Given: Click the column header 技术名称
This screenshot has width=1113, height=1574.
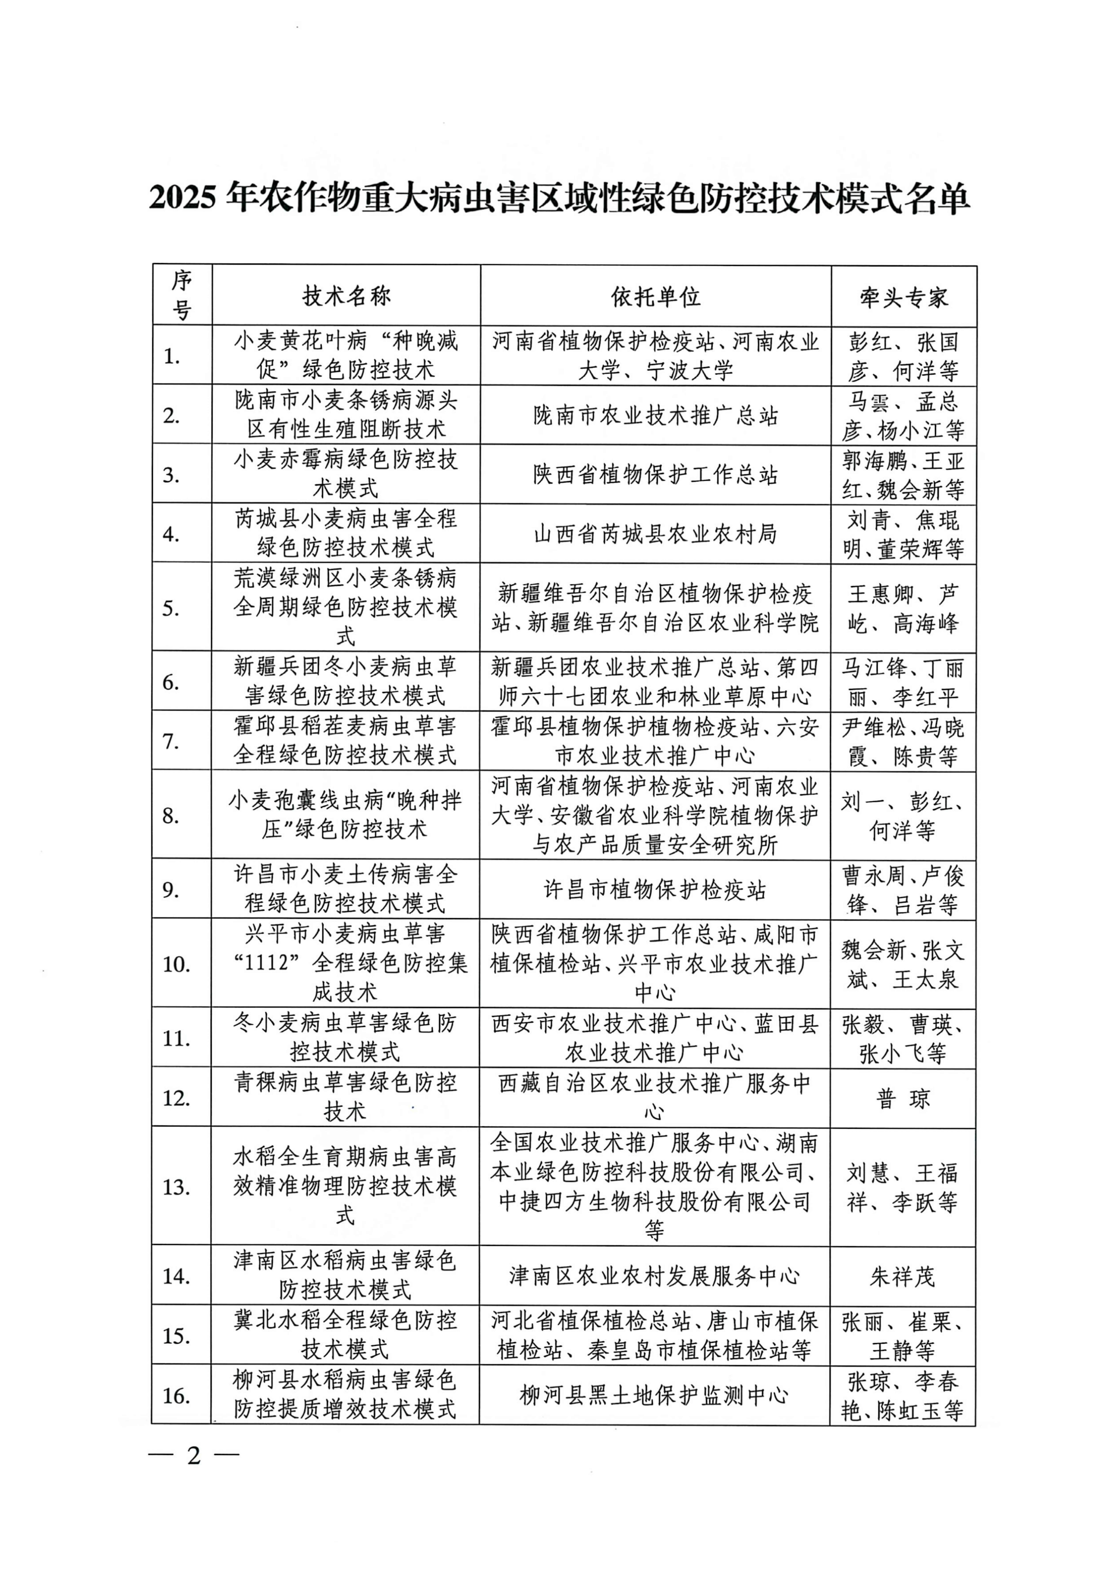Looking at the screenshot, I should [x=346, y=296].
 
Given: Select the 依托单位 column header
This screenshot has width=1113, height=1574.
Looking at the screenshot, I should [x=656, y=296].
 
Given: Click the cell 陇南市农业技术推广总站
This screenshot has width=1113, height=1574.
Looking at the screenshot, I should [x=656, y=415].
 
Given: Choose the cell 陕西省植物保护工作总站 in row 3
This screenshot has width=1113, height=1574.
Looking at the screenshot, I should [x=656, y=474].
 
